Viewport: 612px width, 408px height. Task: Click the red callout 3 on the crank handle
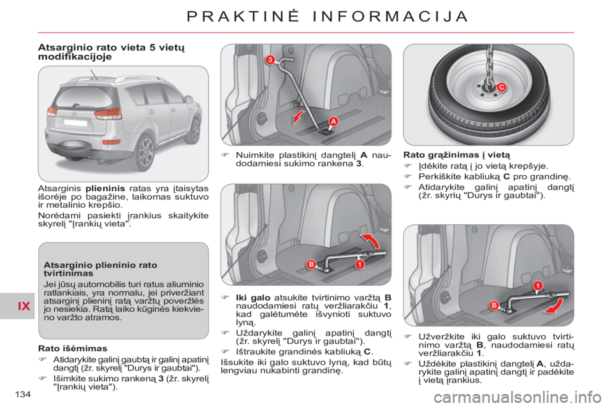(x=270, y=60)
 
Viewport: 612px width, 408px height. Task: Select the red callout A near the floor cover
(x=333, y=122)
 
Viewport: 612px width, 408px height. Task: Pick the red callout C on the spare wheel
(x=501, y=88)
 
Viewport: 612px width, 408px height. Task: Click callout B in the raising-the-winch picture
(x=312, y=264)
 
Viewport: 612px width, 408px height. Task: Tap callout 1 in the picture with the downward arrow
(x=537, y=285)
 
